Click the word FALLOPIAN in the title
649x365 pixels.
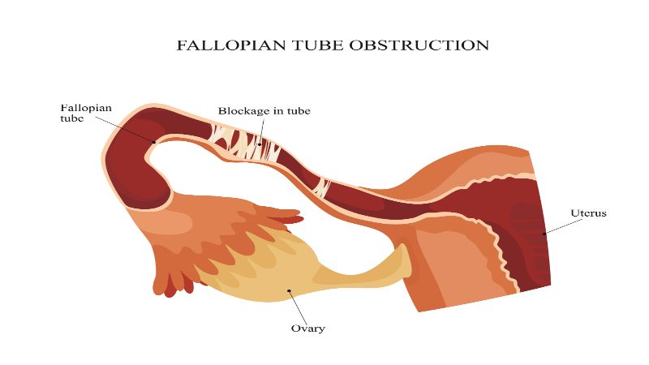(221, 45)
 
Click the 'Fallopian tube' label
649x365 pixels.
(86, 113)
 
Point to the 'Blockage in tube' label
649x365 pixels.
(264, 110)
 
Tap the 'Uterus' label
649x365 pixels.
(588, 213)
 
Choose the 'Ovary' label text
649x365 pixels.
(307, 328)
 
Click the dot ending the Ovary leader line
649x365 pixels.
(289, 290)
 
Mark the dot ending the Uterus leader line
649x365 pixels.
(544, 234)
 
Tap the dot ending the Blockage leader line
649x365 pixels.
(260, 144)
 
